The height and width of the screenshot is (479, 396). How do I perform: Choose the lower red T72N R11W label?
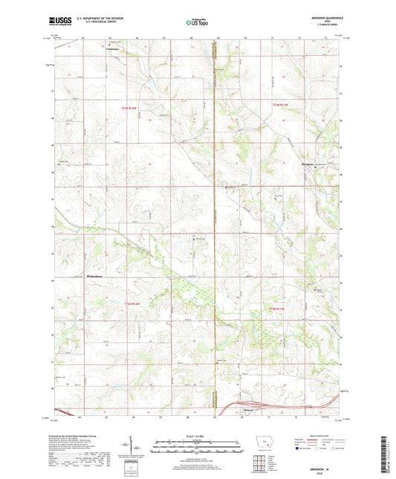[276, 308]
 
